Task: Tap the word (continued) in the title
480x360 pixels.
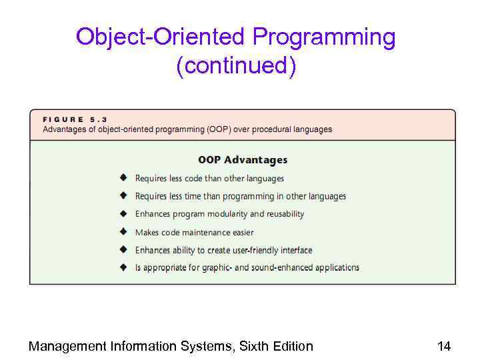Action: pyautogui.click(x=236, y=65)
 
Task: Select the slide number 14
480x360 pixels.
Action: pyautogui.click(x=444, y=346)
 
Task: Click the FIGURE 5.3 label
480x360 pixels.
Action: pyautogui.click(x=75, y=119)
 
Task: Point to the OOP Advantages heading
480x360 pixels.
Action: pyautogui.click(x=243, y=160)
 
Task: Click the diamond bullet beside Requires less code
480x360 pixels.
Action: pyautogui.click(x=123, y=178)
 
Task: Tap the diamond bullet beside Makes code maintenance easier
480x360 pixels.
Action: pyautogui.click(x=123, y=232)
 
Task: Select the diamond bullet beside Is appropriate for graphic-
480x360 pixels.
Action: pyautogui.click(x=123, y=267)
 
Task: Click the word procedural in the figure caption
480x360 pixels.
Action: pyautogui.click(x=275, y=129)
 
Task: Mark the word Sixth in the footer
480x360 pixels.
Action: pyautogui.click(x=256, y=346)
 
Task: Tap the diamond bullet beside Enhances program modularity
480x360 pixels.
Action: pyautogui.click(x=123, y=214)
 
